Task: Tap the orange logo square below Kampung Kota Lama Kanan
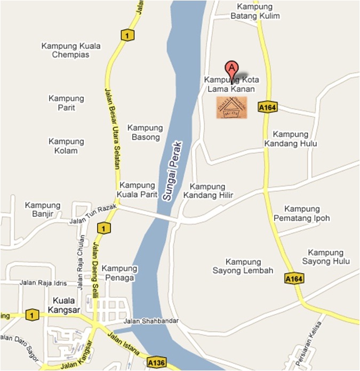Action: pyautogui.click(x=231, y=107)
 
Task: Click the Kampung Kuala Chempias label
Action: pyautogui.click(x=70, y=50)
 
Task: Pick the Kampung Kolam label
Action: pyautogui.click(x=66, y=146)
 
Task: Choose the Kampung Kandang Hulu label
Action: pyautogui.click(x=291, y=139)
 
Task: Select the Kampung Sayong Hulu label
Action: pyautogui.click(x=326, y=257)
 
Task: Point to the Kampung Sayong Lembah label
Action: pyautogui.click(x=243, y=266)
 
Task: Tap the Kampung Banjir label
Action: pyautogui.click(x=43, y=210)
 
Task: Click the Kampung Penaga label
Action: pyautogui.click(x=119, y=273)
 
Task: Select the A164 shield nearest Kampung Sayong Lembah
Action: pyautogui.click(x=294, y=279)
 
